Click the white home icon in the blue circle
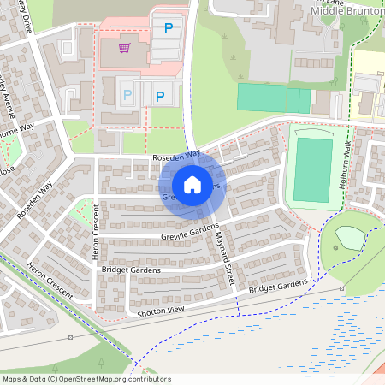coord(192,185)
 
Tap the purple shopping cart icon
coord(125,48)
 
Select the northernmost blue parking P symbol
coord(169,28)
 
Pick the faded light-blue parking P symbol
coord(127,95)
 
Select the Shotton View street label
coord(160,313)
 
